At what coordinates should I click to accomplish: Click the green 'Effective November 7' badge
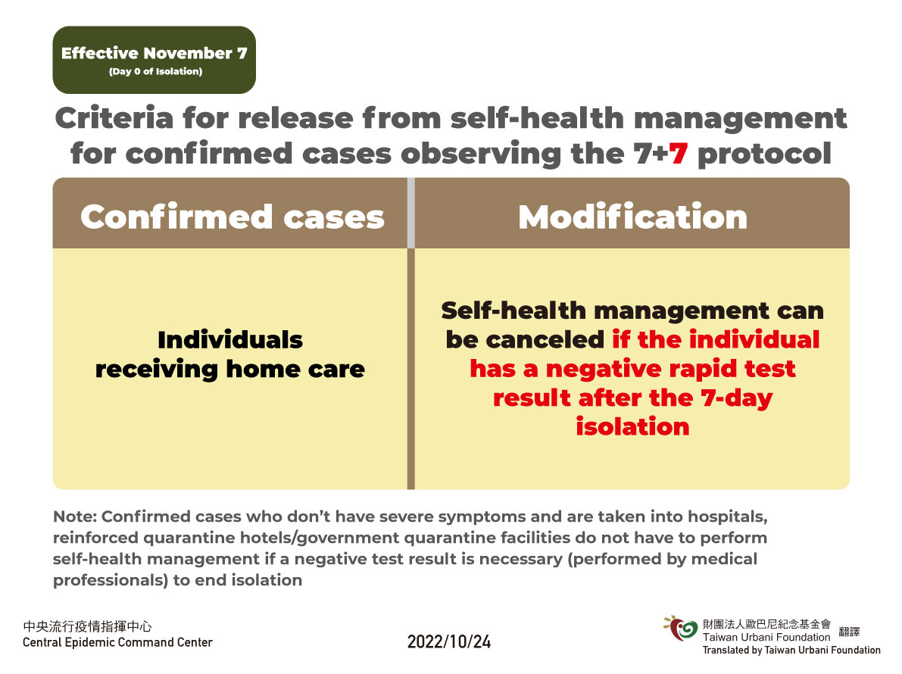[x=154, y=60]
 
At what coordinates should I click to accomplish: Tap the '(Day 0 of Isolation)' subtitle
[x=155, y=71]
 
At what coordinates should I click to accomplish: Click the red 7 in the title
[x=679, y=154]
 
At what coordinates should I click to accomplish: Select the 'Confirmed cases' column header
[x=233, y=217]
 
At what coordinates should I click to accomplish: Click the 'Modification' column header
[x=633, y=217]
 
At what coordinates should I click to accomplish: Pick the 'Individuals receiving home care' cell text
[x=230, y=354]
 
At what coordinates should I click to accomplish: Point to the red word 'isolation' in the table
[x=633, y=426]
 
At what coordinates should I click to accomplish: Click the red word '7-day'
[x=736, y=398]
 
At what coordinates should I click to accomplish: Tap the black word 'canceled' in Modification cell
[x=545, y=339]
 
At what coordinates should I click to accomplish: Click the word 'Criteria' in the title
[x=114, y=118]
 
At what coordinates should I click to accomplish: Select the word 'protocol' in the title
[x=764, y=154]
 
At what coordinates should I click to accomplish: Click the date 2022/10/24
[x=449, y=641]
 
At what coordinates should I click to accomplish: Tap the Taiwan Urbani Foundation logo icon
[x=681, y=629]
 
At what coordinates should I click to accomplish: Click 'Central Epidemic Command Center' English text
[x=117, y=642]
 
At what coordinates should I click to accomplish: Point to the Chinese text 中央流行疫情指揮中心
[x=87, y=626]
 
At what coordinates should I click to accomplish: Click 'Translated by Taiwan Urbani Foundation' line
[x=791, y=650]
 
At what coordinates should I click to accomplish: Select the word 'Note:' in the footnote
[x=75, y=516]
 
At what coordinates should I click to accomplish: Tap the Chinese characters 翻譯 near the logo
[x=849, y=632]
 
